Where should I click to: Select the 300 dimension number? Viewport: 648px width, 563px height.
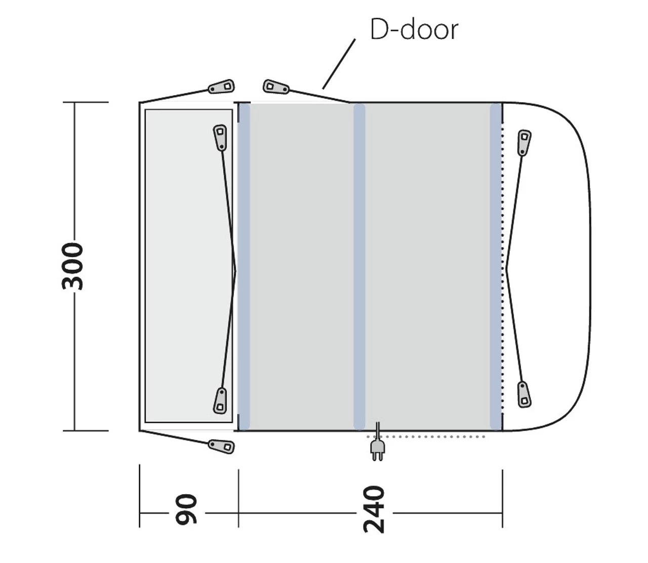72,266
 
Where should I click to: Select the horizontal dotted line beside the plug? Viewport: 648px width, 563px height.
426,437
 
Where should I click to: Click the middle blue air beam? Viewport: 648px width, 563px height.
359,267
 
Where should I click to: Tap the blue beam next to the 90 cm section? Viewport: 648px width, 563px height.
244,267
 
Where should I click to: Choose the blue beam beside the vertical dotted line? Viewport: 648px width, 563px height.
496,267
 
